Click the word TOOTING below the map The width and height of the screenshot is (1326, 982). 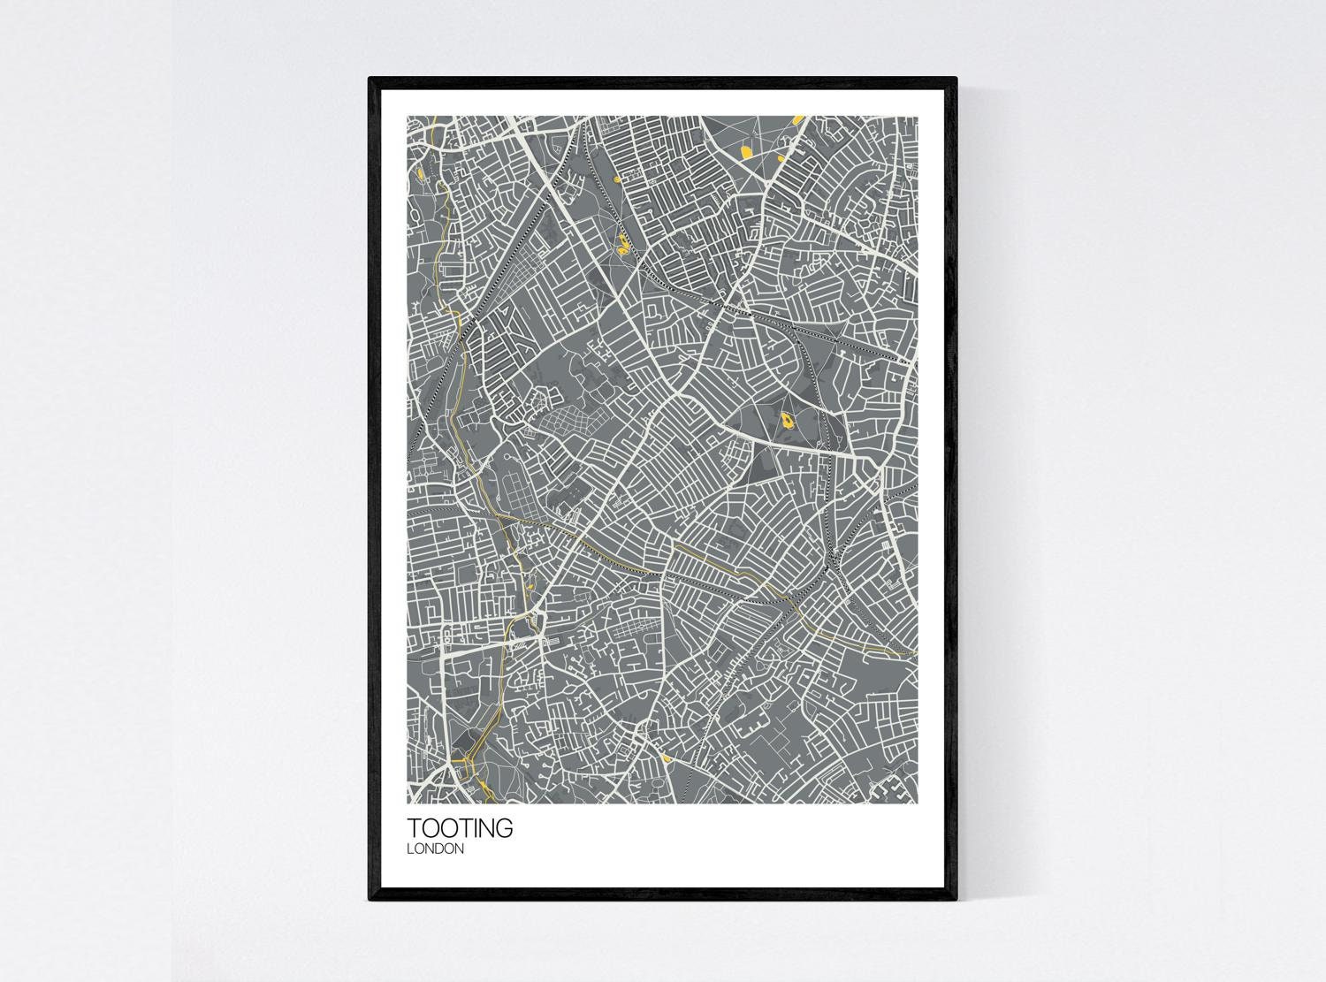tap(459, 828)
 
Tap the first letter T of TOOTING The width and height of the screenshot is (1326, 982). tap(414, 828)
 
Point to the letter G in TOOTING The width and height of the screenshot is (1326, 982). tap(503, 828)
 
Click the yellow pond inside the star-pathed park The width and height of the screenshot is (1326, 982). tap(784, 418)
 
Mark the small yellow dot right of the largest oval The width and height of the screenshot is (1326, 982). tap(781, 159)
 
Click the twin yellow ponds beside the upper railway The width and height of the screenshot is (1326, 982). tap(624, 246)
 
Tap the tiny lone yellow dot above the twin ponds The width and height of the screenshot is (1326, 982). tap(613, 182)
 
